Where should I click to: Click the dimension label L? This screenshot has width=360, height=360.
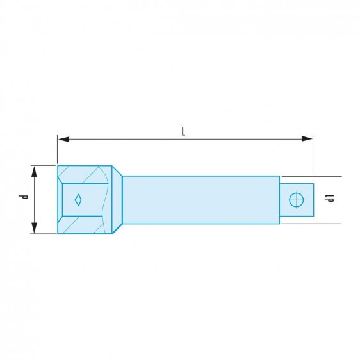(x=183, y=131)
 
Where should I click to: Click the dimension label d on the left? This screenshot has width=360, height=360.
(x=24, y=198)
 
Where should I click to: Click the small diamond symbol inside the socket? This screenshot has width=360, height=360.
(x=78, y=199)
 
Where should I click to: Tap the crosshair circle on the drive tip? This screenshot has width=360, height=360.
(x=295, y=199)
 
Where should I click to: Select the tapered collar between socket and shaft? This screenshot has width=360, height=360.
(x=117, y=199)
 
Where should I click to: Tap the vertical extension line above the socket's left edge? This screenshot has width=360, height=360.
(x=57, y=151)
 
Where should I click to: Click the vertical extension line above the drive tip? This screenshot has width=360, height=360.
(x=313, y=160)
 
